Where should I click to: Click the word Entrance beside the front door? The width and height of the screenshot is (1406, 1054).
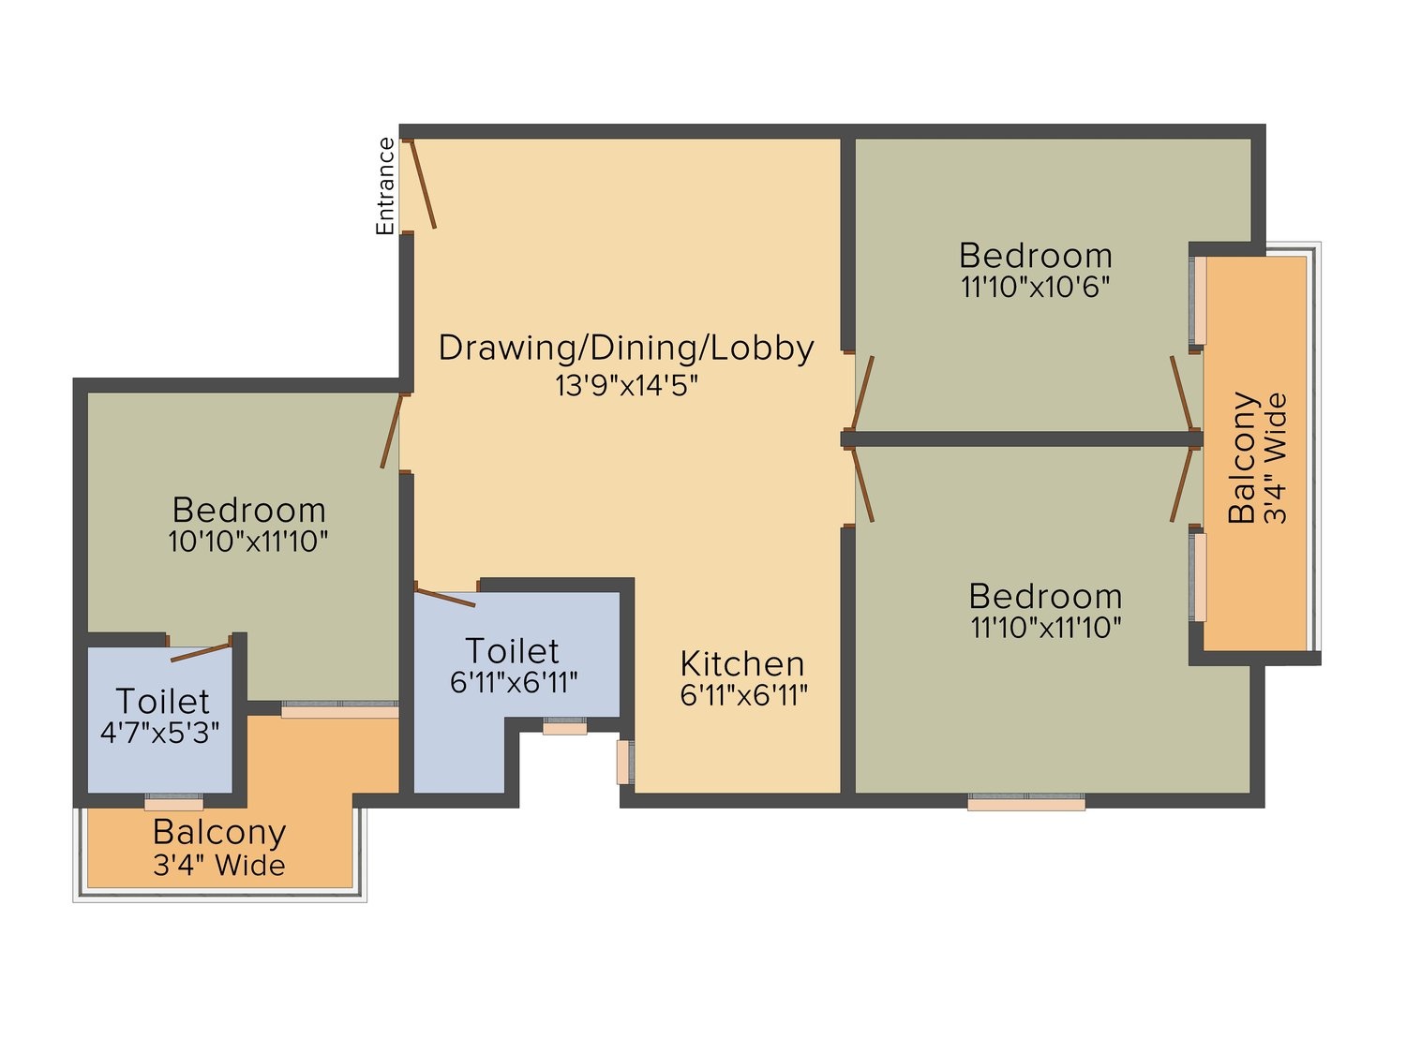385,186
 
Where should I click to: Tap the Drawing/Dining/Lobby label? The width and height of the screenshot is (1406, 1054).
626,349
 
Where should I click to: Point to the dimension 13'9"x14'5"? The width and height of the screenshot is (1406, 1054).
626,385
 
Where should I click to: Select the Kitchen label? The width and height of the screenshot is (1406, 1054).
741,663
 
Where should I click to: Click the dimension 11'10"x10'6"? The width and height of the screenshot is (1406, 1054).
1035,287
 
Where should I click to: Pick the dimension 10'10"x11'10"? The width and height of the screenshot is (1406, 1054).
247,542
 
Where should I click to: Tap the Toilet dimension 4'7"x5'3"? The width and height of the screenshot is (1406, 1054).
160,733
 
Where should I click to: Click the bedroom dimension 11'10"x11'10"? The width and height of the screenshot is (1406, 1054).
1046,627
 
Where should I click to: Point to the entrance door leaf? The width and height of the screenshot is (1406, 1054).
423,183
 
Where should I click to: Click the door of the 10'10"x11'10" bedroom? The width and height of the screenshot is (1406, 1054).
392,431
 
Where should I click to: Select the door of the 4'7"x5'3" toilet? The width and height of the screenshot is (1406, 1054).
200,651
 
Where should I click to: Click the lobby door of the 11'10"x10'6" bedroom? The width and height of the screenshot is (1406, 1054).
862,393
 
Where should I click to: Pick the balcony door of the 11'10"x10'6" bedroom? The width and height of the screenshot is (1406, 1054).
1182,393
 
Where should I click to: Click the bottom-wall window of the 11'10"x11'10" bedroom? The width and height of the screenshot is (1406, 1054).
1026,803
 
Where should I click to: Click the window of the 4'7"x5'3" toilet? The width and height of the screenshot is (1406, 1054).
173,802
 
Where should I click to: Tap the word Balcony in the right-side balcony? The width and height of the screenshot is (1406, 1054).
1242,457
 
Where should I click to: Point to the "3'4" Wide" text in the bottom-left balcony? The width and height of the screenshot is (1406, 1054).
219,866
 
